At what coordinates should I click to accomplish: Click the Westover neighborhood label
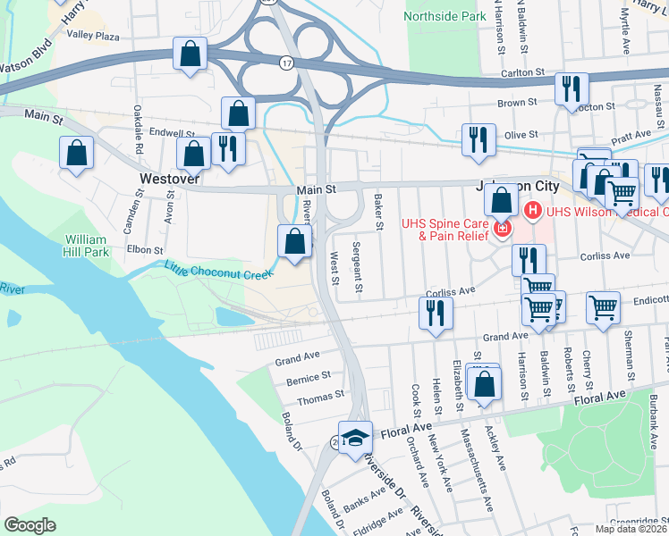[169, 179]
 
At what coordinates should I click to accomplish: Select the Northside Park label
[445, 16]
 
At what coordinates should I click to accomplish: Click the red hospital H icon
[533, 212]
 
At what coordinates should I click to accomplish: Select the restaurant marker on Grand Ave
[436, 314]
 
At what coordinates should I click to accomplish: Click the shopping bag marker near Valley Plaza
[191, 54]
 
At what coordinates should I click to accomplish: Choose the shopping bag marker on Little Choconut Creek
[294, 240]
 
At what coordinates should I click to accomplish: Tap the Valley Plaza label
[94, 37]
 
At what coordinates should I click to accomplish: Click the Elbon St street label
[145, 251]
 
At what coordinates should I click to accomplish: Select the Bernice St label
[314, 376]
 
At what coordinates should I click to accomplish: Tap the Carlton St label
[523, 72]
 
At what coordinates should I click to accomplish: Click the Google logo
[30, 525]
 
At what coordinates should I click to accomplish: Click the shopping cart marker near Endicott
[604, 307]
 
